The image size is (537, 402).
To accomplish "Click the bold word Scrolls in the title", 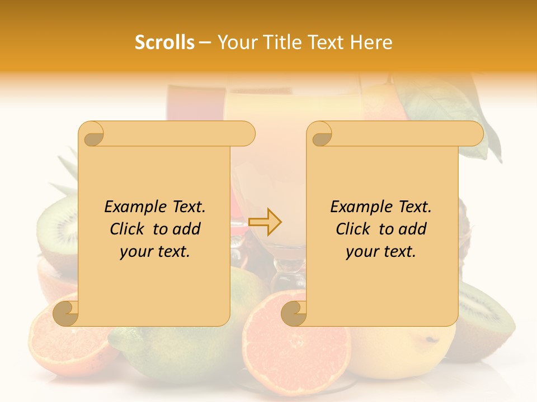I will (164, 42).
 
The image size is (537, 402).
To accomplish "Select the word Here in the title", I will (372, 42).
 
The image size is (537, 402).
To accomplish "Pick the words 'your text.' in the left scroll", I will (155, 252).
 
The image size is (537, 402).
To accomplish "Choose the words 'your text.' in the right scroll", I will (381, 252).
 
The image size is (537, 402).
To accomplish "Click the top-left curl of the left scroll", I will (92, 134).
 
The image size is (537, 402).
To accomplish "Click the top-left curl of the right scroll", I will (320, 134).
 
